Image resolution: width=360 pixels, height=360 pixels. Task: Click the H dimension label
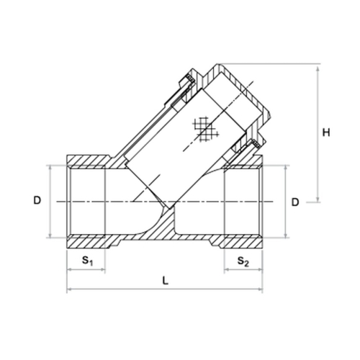[x=326, y=132]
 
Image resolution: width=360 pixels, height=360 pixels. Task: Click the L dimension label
[x=165, y=280]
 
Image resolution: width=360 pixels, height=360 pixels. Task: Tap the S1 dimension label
[x=87, y=261]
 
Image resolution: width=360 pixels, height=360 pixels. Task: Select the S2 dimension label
[x=243, y=261]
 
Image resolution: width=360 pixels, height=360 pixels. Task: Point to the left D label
[x=37, y=200]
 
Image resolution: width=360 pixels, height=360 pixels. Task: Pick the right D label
[x=295, y=202]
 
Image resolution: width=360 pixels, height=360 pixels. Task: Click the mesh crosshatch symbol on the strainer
[x=205, y=129]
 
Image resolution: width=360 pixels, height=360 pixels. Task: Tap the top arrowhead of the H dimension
[x=318, y=69]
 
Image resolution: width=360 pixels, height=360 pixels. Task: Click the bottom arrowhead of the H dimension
[x=318, y=199]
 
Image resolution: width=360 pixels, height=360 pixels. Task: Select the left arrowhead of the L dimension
[x=69, y=289]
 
